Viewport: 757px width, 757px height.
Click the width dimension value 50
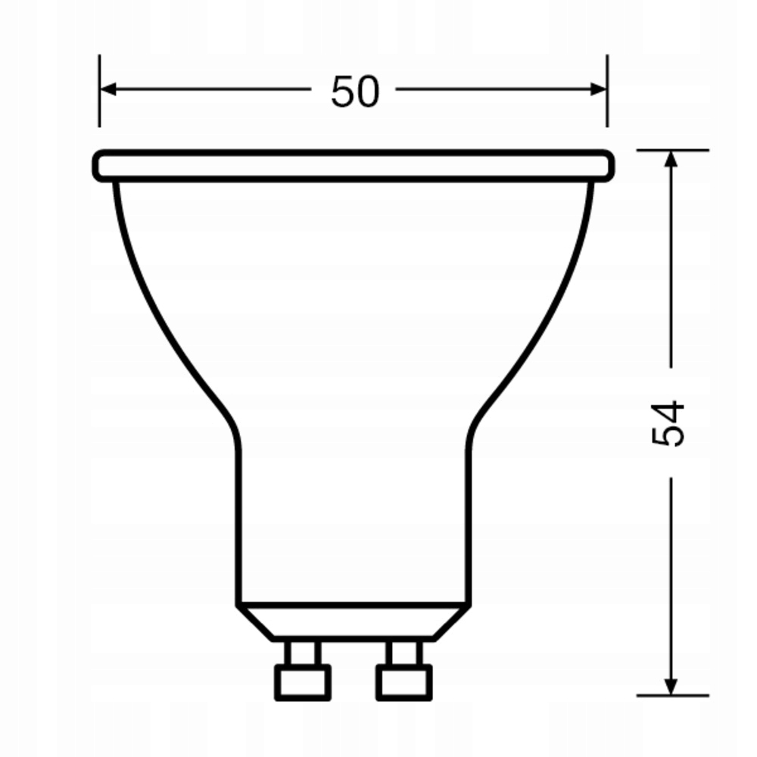tap(354, 92)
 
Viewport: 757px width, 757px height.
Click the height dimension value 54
tap(669, 422)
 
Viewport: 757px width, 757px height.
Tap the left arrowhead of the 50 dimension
tap(107, 89)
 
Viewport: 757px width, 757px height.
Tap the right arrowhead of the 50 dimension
tap(599, 89)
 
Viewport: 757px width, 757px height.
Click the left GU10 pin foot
tap(302, 683)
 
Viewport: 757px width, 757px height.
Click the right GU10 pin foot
tap(403, 683)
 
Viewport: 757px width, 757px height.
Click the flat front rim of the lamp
tap(353, 166)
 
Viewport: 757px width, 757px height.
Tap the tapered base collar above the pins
tap(353, 622)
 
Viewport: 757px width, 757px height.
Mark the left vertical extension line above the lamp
tap(99, 91)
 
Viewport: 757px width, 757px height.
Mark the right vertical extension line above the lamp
tap(607, 91)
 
